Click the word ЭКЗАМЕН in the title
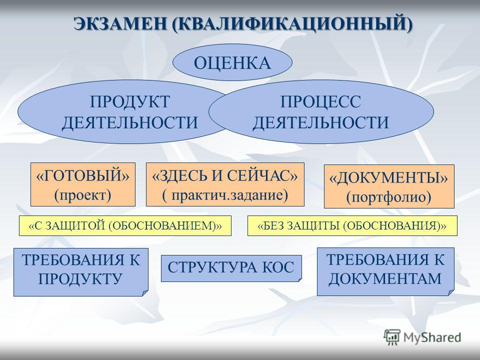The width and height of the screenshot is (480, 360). coord(120,23)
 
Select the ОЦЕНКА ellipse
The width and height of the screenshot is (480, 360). coord(232,62)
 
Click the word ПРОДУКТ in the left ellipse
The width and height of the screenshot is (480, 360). coord(130,101)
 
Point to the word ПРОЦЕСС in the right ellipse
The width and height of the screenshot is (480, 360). coord(320,101)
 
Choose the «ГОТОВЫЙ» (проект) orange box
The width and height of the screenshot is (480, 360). coord(83,184)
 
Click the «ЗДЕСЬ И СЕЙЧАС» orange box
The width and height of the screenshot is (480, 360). coord(225,184)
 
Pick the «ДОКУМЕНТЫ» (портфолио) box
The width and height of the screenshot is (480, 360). coord(389,186)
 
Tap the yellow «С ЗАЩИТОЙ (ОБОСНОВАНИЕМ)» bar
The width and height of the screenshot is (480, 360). coord(125,225)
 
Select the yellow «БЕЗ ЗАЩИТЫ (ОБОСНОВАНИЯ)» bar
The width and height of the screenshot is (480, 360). coord(352,225)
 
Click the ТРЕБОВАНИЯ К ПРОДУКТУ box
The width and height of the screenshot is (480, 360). coord(81,272)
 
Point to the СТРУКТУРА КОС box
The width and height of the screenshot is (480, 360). coord(231,268)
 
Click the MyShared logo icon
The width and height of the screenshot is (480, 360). coord(392,337)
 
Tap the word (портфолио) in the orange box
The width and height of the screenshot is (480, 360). coord(389,197)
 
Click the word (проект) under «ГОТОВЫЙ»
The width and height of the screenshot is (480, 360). coord(82,195)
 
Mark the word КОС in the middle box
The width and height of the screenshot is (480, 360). coord(277,267)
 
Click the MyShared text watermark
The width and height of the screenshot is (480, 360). coord(432,337)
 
